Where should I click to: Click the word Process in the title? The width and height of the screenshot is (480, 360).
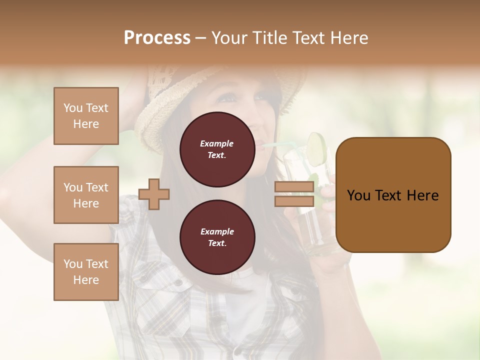click(157, 37)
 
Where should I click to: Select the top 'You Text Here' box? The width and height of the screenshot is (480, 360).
click(86, 116)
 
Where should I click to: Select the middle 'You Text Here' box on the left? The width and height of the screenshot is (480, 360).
click(86, 195)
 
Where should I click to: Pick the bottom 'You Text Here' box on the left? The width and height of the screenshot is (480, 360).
click(86, 272)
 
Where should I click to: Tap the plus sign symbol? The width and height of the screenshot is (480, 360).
click(154, 193)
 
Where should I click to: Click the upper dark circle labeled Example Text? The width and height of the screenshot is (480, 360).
click(217, 149)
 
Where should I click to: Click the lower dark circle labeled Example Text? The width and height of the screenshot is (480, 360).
click(217, 237)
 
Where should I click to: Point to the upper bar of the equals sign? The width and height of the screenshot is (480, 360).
click(294, 187)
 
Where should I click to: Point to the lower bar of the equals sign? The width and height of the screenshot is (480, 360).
click(294, 201)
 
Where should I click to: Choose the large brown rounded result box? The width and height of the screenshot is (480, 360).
click(393, 195)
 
